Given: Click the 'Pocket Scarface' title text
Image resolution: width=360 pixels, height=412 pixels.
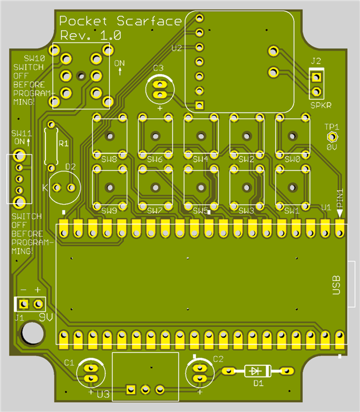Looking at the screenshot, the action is pos(120,21).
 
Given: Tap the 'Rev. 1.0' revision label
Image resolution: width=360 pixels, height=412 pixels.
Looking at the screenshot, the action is pos(91,35).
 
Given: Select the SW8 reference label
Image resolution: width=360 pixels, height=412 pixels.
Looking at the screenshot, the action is pos(109,159).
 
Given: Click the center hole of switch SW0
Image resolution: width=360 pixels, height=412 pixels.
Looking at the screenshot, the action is pos(293,136).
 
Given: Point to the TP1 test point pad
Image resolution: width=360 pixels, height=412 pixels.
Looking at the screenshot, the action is pos(332,137).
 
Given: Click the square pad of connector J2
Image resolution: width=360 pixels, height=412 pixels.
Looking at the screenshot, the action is pos(316,77).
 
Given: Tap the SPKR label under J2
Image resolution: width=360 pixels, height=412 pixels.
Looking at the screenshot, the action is pos(321,105).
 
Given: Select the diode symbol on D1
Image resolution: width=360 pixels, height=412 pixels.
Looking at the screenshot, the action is pos(254,371).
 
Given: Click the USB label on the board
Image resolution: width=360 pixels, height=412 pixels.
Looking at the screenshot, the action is pos(336,285).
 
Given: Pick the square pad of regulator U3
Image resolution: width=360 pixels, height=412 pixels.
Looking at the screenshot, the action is pos(131,389).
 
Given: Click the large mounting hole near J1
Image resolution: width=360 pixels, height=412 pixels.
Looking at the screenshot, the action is pos(32,332).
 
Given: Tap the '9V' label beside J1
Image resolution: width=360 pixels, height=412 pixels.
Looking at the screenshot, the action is pos(46,317).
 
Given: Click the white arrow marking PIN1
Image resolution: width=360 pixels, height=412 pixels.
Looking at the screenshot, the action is pos(340,213).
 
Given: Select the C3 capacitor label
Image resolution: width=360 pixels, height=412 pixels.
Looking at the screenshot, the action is pos(158,68).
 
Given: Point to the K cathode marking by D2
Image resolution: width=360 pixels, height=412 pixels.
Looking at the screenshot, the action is pos(45,187).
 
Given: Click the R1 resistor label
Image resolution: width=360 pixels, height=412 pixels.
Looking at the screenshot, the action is pos(63,144).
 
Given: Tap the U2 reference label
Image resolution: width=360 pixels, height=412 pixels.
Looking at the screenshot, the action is pos(177,48).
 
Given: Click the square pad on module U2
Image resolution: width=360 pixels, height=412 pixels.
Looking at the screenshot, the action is pos(199,105).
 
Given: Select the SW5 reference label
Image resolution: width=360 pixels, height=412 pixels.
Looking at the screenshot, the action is pos(200,211).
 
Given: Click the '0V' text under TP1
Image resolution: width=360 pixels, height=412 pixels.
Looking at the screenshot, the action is pos(332,147).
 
